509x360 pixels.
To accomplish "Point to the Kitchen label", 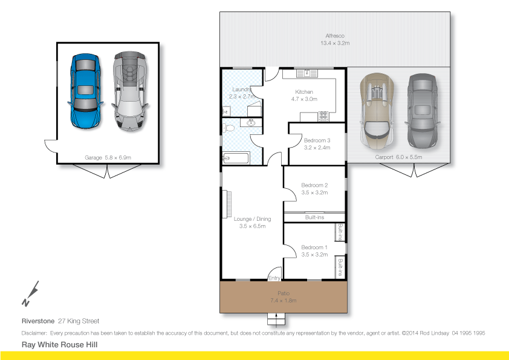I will click(304, 92).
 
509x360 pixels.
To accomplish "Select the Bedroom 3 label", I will click(316, 140).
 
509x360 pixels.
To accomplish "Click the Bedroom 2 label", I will click(314, 185).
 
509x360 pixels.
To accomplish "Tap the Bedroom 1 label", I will click(314, 247).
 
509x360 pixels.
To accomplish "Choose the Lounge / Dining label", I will click(252, 219).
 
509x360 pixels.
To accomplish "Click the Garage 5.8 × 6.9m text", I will click(108, 157).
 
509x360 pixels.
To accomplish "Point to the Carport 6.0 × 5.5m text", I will click(398, 157).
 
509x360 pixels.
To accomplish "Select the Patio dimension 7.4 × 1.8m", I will click(284, 300).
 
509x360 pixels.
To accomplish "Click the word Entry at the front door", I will click(274, 278).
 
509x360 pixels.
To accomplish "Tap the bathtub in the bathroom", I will click(235, 158).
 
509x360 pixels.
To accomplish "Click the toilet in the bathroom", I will click(228, 128).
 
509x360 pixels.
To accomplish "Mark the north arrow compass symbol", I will click(30, 293).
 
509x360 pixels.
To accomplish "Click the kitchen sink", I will click(306, 73).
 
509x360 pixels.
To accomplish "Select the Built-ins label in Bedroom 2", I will click(314, 217).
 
